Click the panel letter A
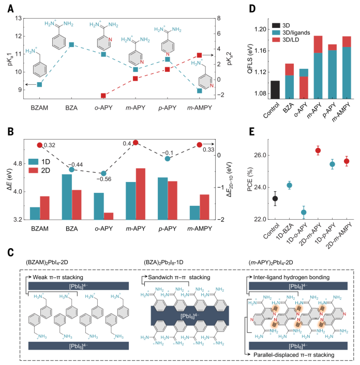[x=9, y=7]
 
